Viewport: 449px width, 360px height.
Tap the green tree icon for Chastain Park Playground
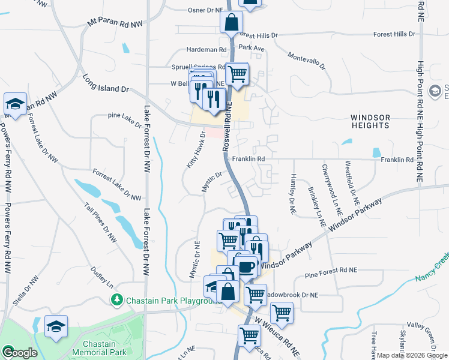[x=118, y=299]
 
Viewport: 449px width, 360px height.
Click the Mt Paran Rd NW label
[x=115, y=23]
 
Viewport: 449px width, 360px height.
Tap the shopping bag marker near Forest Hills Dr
[x=231, y=23]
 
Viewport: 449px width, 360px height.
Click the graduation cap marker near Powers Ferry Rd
[x=15, y=103]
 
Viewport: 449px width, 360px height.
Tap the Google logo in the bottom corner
[x=19, y=353]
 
